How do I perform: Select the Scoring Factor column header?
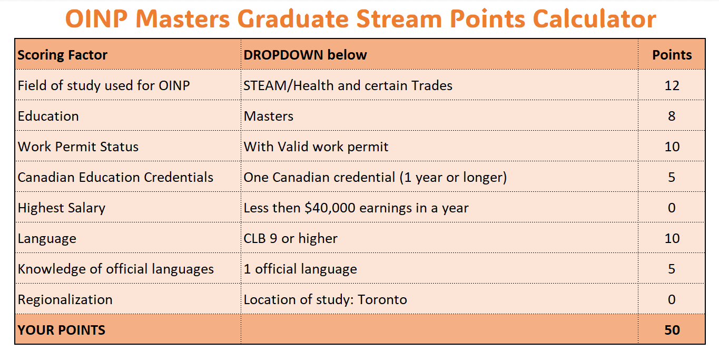click(62, 55)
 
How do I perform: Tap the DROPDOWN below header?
click(305, 55)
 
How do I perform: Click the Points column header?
click(672, 55)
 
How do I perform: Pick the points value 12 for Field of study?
click(672, 86)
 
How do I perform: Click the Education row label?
click(48, 116)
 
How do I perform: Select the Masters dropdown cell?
click(268, 116)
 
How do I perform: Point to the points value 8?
click(672, 116)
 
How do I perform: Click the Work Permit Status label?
click(78, 147)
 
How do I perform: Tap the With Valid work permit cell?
click(316, 147)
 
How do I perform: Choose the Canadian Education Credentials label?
click(115, 177)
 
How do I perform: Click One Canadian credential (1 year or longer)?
click(375, 178)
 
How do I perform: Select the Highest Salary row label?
click(61, 208)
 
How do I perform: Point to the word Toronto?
click(382, 299)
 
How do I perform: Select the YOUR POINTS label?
click(61, 330)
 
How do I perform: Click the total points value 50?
click(672, 330)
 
